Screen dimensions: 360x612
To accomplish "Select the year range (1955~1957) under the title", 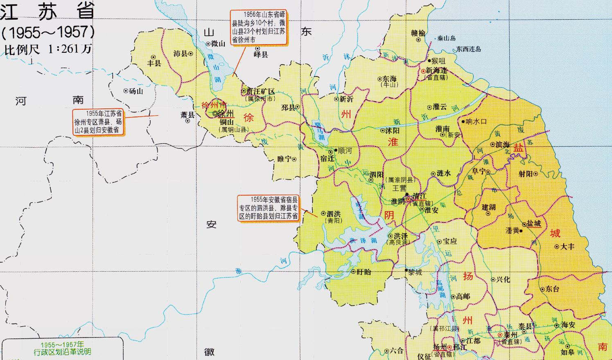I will point(48,32).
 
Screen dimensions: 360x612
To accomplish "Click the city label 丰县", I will point(154,63).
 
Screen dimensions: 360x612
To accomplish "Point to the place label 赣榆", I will point(418,33).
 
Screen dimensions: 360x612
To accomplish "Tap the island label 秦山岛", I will point(446,38).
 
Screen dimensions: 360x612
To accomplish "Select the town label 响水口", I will point(476,122).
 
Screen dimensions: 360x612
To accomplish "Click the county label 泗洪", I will point(333,214).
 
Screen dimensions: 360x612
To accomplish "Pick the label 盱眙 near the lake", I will point(364,271).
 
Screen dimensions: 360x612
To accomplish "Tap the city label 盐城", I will point(534,223).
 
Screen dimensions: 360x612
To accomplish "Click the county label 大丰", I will point(567,247).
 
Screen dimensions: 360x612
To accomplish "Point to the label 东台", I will point(552,289).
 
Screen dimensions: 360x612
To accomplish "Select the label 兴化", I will point(503,279).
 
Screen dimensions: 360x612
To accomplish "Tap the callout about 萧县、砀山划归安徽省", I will point(98,122).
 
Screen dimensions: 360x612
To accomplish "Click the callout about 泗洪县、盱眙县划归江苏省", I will point(269,208).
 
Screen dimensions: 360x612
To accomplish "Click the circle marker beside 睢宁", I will point(294,159).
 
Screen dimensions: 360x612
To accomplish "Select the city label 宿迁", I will point(327,159).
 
